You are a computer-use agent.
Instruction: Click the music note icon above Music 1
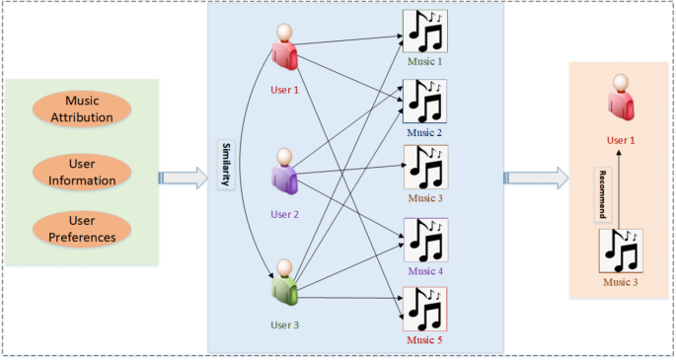point(425,33)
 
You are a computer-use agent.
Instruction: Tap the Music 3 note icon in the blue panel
point(425,169)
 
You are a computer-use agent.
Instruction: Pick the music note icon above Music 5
point(425,310)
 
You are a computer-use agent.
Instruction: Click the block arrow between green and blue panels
point(184,178)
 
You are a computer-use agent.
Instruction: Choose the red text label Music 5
point(425,340)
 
